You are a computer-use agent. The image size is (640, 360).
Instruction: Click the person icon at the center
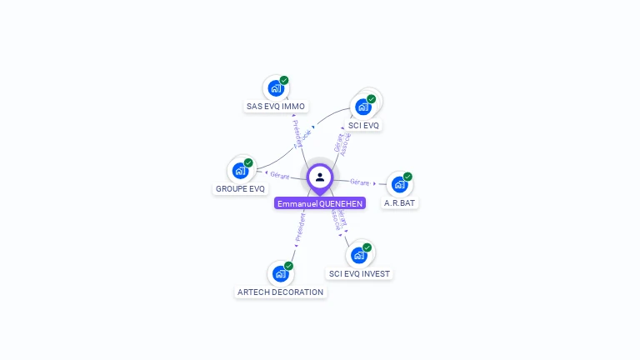[x=320, y=177]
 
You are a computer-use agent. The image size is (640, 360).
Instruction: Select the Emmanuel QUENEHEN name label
[x=320, y=203]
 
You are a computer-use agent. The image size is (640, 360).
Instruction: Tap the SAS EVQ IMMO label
[x=276, y=107]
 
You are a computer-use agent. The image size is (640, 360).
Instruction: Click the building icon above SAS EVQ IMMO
[x=276, y=88]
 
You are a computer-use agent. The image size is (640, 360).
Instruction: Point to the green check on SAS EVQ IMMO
[x=284, y=81]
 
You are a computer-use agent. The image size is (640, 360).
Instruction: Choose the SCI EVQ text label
[x=363, y=126]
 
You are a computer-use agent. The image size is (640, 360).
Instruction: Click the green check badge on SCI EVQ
[x=372, y=99]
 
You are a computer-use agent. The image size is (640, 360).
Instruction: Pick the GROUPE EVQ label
[x=240, y=189]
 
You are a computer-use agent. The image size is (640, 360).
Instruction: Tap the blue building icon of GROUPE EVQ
[x=240, y=171]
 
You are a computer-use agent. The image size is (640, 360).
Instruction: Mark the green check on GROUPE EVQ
[x=248, y=162]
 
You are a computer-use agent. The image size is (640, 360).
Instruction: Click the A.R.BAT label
[x=399, y=202]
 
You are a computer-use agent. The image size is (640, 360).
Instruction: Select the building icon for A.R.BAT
[x=399, y=184]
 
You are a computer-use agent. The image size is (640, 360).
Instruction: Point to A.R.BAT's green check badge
[x=407, y=177]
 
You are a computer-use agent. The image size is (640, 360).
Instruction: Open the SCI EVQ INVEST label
[x=359, y=273]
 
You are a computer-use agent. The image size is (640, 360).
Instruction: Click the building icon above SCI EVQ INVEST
[x=359, y=255]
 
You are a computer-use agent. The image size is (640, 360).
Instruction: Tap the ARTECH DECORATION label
[x=280, y=292]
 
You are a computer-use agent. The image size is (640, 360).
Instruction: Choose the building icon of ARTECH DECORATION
[x=280, y=273]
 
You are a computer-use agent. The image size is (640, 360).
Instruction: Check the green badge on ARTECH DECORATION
[x=288, y=266]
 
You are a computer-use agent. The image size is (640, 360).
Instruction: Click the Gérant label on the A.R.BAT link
[x=359, y=182]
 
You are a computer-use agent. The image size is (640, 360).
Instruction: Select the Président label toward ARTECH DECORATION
[x=300, y=227]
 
